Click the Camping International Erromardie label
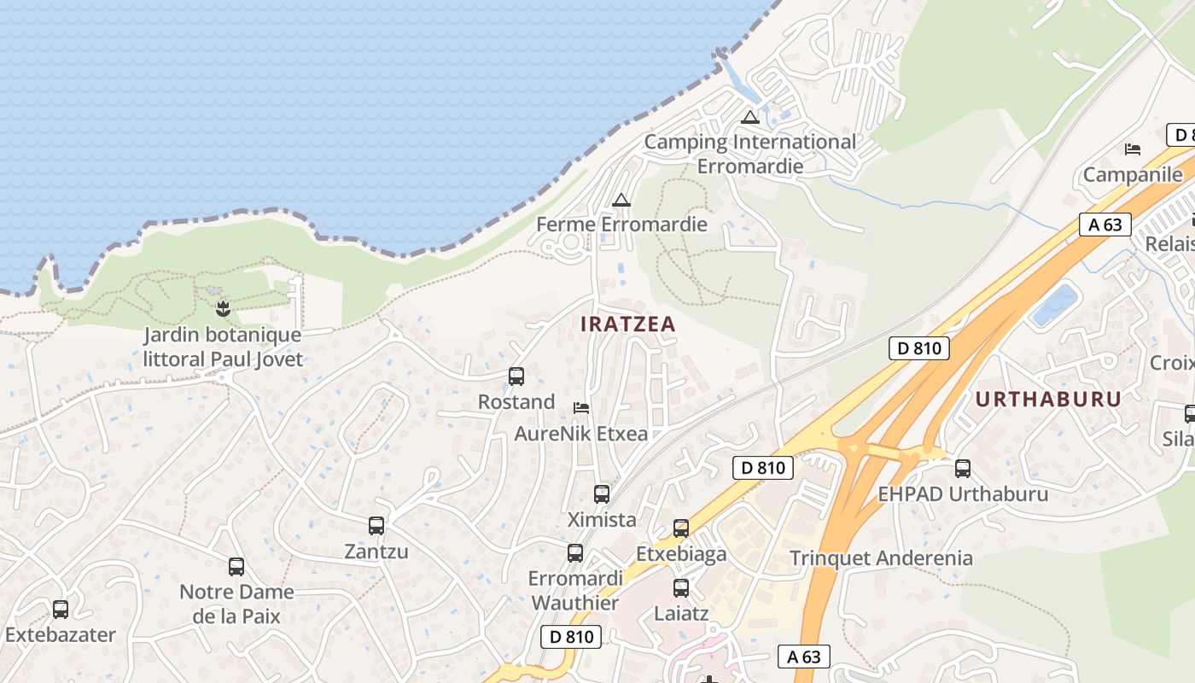(749, 154)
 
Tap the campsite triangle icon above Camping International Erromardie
(750, 117)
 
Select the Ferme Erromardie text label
(621, 225)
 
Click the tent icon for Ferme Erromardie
(621, 200)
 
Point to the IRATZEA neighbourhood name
(627, 324)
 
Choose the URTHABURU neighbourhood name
(1048, 400)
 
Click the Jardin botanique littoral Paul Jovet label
(223, 347)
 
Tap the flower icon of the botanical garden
(224, 308)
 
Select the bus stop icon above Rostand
(516, 376)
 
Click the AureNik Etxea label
(580, 434)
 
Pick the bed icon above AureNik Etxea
(581, 407)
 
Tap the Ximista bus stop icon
(602, 493)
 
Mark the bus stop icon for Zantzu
(376, 525)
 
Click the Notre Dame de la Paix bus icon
(236, 566)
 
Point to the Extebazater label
(60, 635)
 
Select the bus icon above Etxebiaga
(680, 528)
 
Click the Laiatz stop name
(680, 613)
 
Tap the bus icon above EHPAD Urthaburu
(963, 468)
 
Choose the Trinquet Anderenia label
(881, 558)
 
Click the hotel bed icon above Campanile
(1133, 149)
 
